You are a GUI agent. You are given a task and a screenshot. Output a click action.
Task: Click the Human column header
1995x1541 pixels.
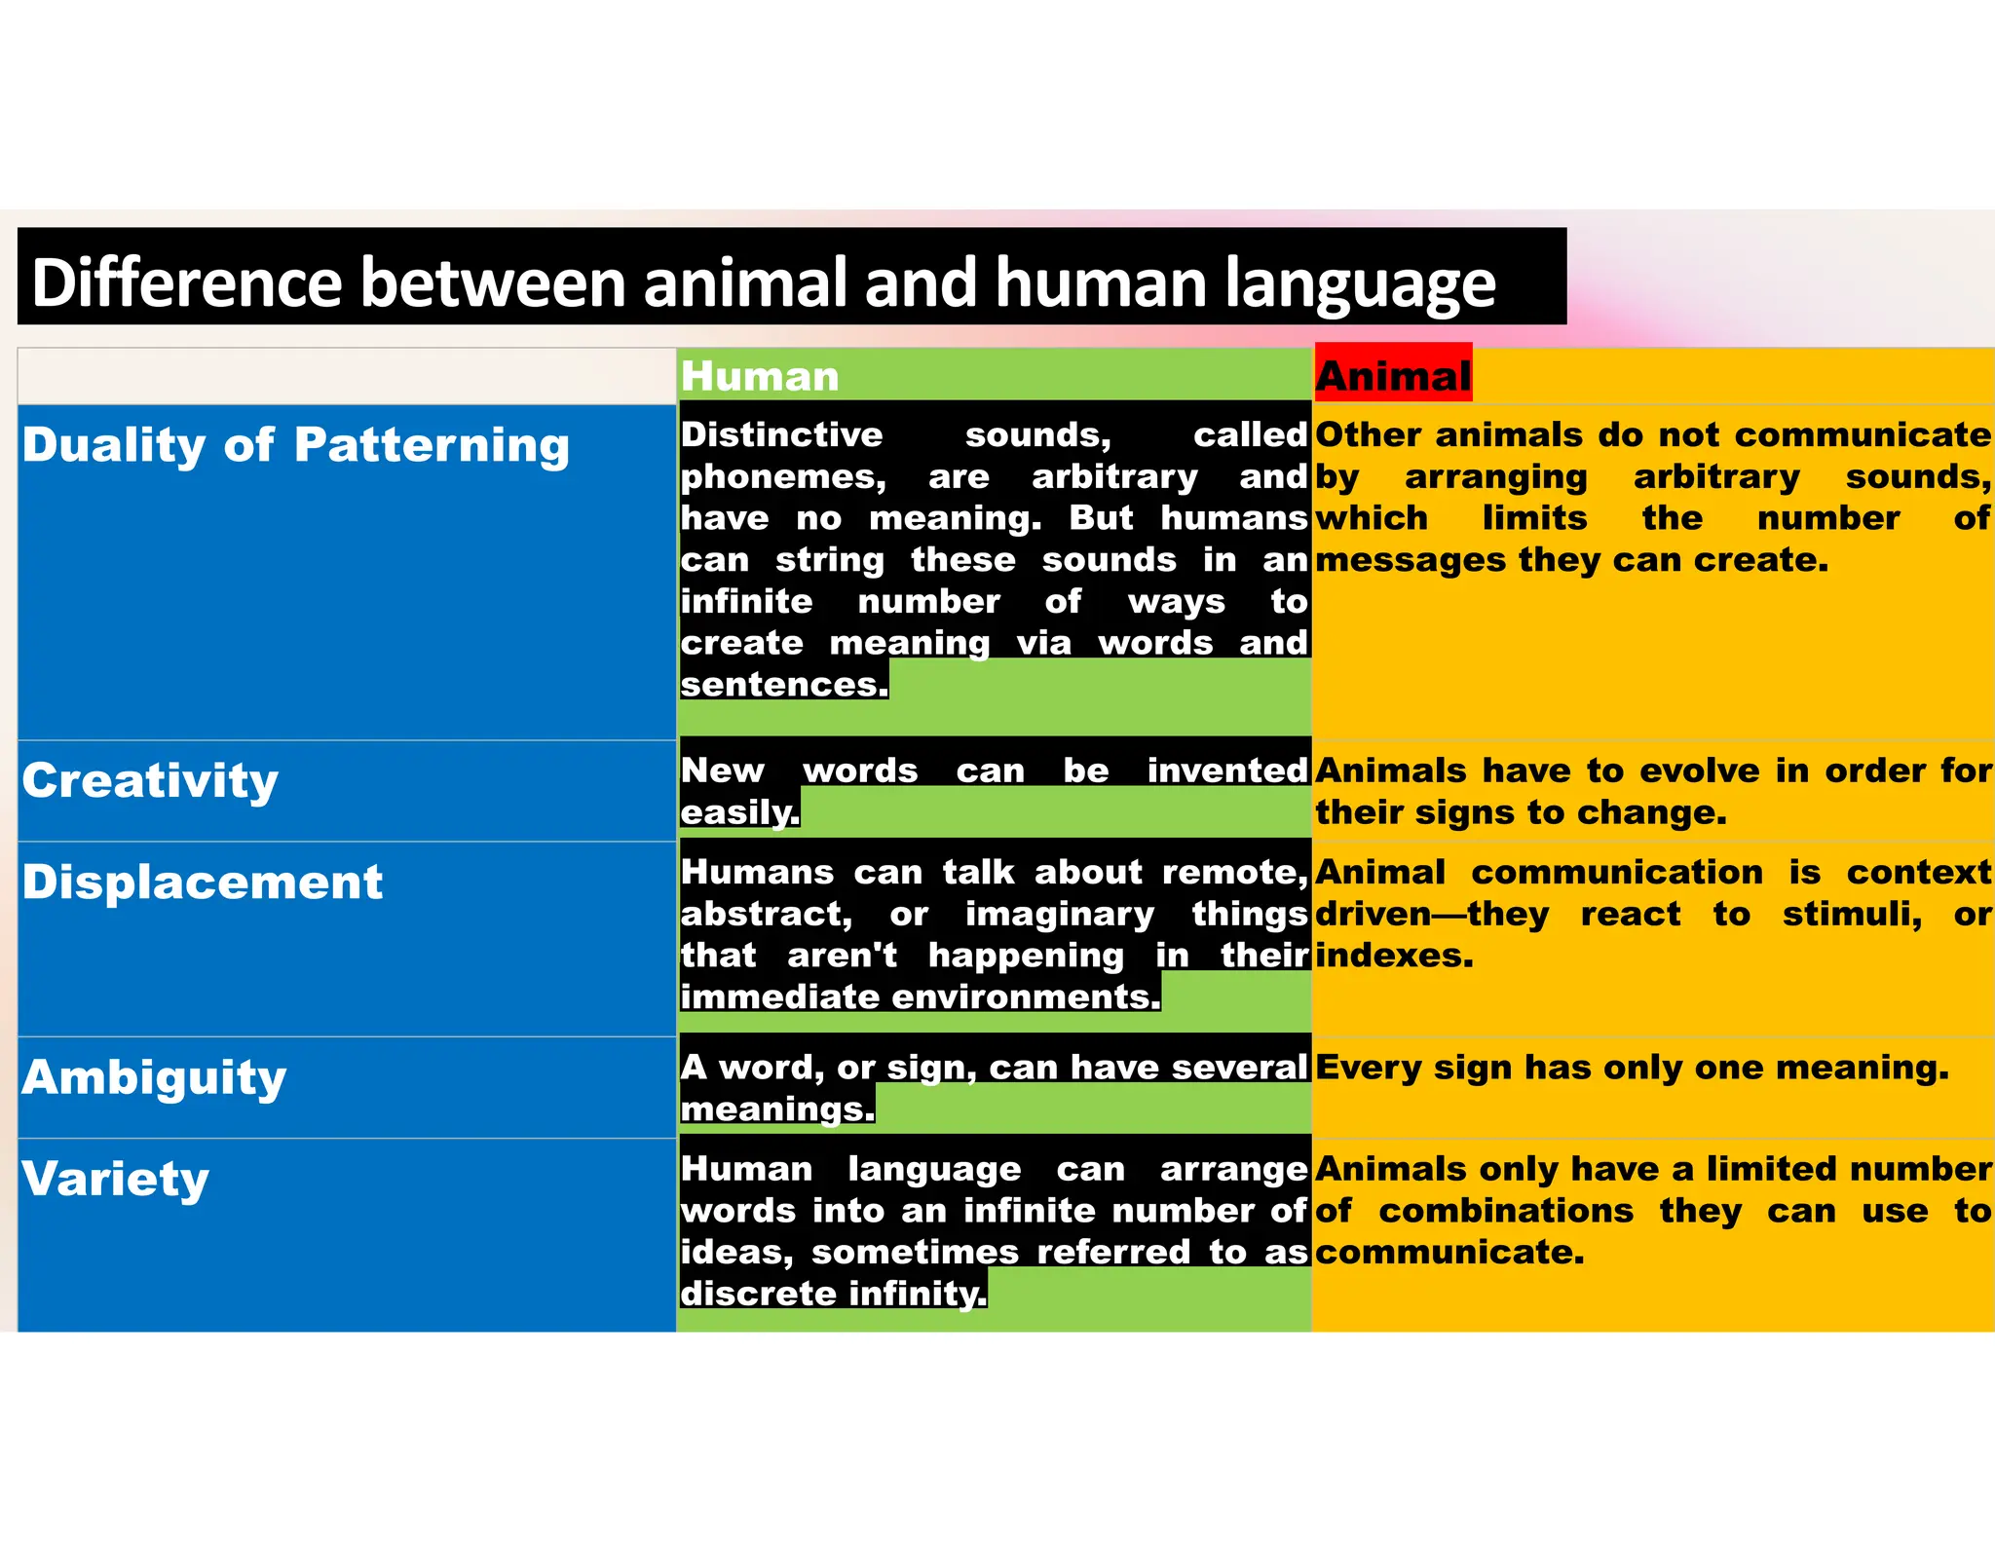point(760,377)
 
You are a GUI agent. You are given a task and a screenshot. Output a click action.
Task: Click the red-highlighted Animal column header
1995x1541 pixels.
point(1393,375)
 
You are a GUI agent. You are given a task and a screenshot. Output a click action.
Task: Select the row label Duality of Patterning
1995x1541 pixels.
point(295,445)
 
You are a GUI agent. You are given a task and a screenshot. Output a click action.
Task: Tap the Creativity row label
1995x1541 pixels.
point(151,781)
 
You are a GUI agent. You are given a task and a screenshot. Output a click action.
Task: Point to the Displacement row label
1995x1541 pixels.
point(203,883)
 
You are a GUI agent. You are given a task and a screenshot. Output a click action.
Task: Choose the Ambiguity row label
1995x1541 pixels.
point(155,1077)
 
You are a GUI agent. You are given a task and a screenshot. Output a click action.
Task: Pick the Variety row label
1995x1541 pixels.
point(116,1179)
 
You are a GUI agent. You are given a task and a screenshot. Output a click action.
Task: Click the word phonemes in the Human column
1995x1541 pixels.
point(783,477)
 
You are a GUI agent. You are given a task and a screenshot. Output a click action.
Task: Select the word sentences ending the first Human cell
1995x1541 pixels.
point(783,685)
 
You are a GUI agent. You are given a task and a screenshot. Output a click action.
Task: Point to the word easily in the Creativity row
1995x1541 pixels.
point(739,812)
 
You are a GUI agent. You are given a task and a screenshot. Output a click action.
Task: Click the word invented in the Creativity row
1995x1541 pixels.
point(1226,770)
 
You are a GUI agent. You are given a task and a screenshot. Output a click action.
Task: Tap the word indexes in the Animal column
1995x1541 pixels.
point(1394,956)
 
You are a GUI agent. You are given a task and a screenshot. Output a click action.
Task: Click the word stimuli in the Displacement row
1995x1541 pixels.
point(1852,915)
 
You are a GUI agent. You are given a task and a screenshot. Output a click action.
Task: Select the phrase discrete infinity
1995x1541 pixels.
point(833,1294)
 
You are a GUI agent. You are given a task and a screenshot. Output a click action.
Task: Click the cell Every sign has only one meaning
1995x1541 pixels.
point(1632,1068)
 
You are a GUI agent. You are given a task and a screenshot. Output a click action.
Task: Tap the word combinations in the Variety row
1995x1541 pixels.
point(1506,1211)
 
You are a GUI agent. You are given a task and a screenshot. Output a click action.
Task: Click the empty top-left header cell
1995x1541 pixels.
point(346,376)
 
